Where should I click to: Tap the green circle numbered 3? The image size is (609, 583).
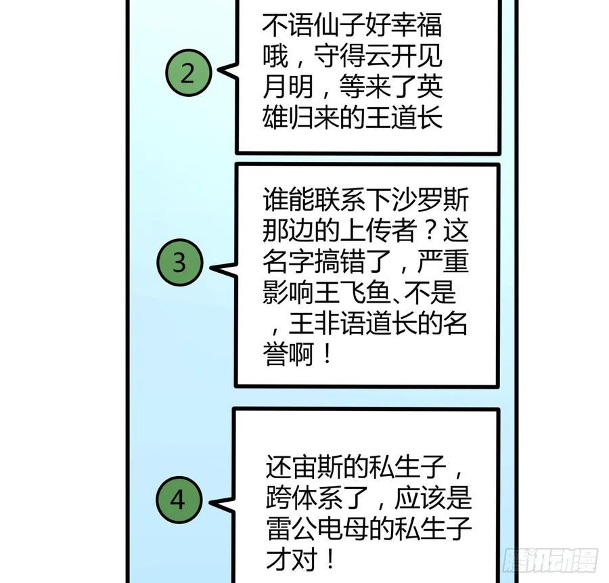point(179,263)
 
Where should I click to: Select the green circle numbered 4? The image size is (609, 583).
point(177,501)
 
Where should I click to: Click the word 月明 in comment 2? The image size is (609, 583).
point(284,88)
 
